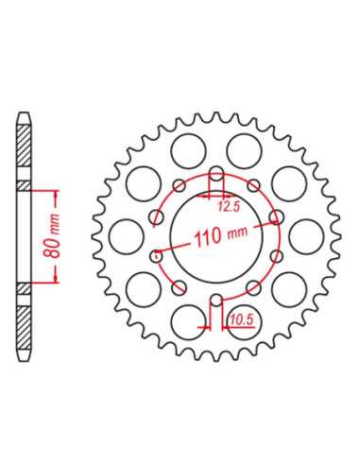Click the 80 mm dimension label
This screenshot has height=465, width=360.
click(x=51, y=236)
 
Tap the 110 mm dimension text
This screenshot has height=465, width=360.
click(x=221, y=235)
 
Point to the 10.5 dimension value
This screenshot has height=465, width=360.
click(x=241, y=319)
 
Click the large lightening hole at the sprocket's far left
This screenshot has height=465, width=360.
click(x=126, y=236)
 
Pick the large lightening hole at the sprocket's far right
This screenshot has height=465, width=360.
click(x=306, y=236)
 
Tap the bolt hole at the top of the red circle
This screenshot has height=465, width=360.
click(x=216, y=174)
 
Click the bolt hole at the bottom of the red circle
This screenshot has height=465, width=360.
click(x=216, y=300)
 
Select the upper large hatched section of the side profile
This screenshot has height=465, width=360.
click(x=24, y=146)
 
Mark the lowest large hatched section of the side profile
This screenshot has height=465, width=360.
click(x=24, y=328)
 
